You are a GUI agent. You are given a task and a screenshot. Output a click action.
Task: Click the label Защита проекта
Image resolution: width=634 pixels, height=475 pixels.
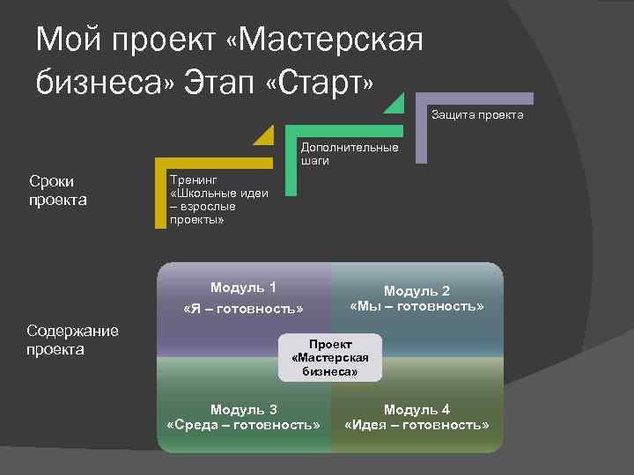coord(477,114)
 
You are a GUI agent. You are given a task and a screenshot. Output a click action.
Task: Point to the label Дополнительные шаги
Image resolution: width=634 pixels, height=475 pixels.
coord(349,154)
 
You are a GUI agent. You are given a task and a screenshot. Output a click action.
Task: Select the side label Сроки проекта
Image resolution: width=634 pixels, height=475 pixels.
coord(57,191)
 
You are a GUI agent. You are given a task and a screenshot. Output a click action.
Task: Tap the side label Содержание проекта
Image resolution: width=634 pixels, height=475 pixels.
coord(72,340)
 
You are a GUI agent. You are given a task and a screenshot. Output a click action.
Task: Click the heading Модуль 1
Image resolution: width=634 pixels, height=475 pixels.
coord(243,288)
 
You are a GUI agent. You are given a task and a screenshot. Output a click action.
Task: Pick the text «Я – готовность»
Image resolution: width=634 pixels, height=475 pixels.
coord(243,310)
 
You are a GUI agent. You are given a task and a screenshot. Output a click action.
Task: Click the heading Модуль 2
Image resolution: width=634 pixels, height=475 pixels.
coord(417,291)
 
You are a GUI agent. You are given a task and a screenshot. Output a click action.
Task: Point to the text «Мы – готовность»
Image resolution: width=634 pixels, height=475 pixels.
coord(417,306)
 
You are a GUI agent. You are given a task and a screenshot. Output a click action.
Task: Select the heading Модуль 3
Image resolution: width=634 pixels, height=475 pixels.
coord(243,409)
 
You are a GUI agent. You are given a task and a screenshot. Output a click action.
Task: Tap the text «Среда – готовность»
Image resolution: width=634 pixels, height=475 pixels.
coord(243,425)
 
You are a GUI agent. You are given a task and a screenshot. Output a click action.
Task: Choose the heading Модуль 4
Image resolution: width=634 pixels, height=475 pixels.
coord(417,409)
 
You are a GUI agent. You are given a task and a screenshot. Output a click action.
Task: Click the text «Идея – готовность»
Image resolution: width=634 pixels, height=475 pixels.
coord(417,425)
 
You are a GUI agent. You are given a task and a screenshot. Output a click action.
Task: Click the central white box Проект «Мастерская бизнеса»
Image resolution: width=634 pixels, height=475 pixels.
coord(330,357)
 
